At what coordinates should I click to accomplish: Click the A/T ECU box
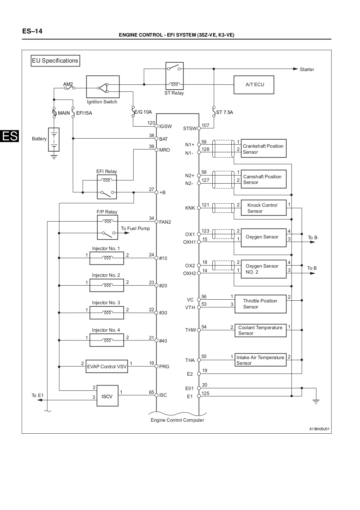pyautogui.click(x=254, y=84)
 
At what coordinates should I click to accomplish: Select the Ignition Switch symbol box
pyautogui.click(x=103, y=87)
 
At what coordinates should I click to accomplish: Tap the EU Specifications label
pyautogui.click(x=55, y=60)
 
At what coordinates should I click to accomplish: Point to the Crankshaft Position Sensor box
pyautogui.click(x=263, y=149)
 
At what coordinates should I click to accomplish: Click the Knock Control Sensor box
pyautogui.click(x=263, y=208)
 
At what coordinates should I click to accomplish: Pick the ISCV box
pyautogui.click(x=107, y=396)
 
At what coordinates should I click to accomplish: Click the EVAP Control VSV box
pyautogui.click(x=107, y=366)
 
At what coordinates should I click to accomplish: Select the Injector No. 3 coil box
pyautogui.click(x=107, y=312)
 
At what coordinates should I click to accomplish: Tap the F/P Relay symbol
pyautogui.click(x=107, y=227)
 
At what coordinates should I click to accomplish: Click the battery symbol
pyautogui.click(x=54, y=140)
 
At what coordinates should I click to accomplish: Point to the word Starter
pyautogui.click(x=307, y=69)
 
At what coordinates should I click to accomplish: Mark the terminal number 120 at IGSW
pyautogui.click(x=151, y=123)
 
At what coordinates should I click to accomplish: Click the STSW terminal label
pyautogui.click(x=190, y=128)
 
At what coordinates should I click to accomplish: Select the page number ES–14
pyautogui.click(x=32, y=31)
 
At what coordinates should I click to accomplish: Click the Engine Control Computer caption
pyautogui.click(x=177, y=420)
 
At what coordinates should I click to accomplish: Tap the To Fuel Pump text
pyautogui.click(x=135, y=228)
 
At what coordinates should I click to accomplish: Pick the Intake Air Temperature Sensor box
pyautogui.click(x=261, y=360)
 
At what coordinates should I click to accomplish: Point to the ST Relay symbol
pyautogui.click(x=174, y=76)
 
